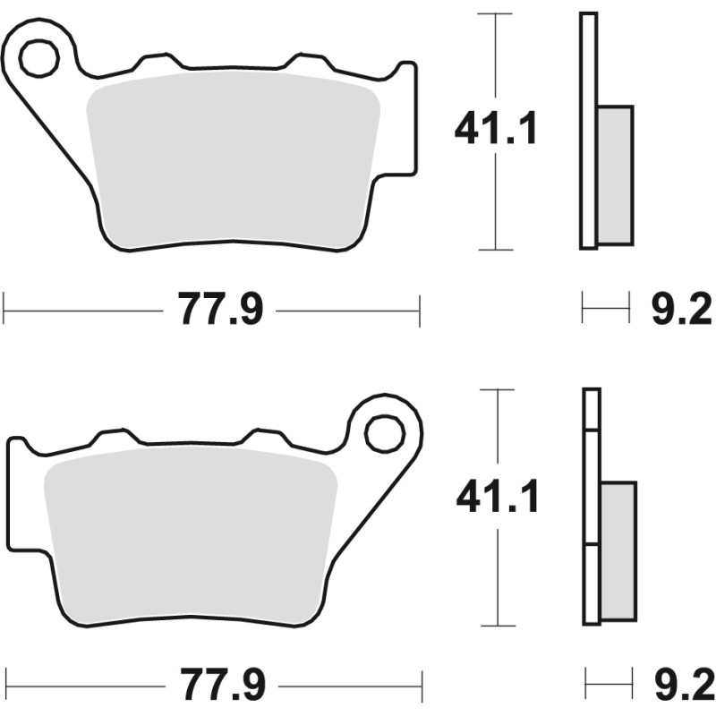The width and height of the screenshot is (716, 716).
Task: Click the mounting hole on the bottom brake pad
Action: click(x=384, y=434)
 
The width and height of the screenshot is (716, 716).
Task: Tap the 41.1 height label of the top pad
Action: click(x=496, y=130)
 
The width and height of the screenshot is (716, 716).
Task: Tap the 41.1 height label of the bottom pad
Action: click(x=498, y=498)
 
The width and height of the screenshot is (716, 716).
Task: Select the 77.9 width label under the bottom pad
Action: click(x=222, y=687)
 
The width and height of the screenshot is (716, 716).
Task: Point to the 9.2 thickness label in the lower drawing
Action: click(x=679, y=687)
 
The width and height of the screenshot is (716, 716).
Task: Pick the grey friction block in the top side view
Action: click(x=615, y=175)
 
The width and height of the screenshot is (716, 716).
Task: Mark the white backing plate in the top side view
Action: click(x=588, y=131)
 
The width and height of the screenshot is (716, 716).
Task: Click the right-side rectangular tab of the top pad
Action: click(x=405, y=116)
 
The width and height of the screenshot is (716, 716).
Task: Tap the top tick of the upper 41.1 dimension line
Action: click(x=495, y=14)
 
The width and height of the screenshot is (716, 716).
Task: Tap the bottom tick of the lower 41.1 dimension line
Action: click(x=499, y=626)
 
